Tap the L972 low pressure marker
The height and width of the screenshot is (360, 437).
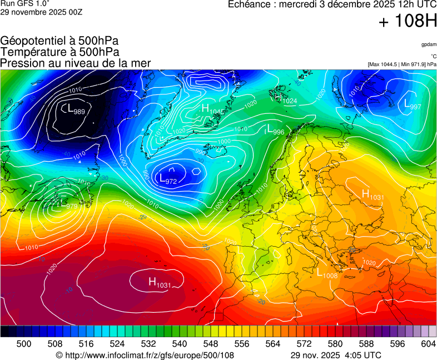167,179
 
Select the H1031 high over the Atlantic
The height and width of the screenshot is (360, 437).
159,283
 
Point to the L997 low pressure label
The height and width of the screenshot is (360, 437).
412,105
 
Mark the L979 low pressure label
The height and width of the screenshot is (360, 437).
67,206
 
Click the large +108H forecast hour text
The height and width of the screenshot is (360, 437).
408,22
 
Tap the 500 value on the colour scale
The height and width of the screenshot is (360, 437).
24,344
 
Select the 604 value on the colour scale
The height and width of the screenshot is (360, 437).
428,344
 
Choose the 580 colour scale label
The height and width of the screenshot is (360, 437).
335,344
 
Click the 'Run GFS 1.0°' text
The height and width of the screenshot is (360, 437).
21,3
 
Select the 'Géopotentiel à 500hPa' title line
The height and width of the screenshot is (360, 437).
59,41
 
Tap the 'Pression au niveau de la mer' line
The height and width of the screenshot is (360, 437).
76,63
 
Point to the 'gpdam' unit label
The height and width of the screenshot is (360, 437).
429,44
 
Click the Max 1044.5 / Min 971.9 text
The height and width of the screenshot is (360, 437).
402,64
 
